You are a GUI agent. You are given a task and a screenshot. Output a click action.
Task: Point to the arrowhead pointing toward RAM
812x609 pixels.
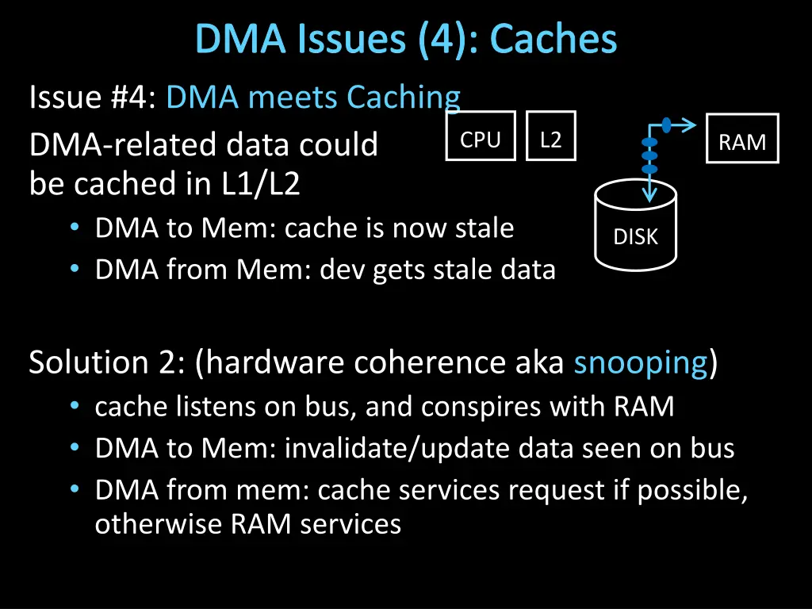tap(690, 124)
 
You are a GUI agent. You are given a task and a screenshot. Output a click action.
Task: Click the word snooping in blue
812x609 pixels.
tap(641, 362)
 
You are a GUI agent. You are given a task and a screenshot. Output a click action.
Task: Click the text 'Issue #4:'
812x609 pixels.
tap(94, 98)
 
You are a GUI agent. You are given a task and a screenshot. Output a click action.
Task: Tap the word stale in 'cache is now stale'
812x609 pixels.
tap(484, 228)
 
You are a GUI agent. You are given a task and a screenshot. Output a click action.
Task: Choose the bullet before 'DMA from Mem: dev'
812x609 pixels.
tap(74, 270)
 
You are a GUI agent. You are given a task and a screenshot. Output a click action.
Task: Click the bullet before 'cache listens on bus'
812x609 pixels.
tap(74, 406)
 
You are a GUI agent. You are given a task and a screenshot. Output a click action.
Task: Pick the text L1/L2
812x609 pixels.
tap(261, 184)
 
